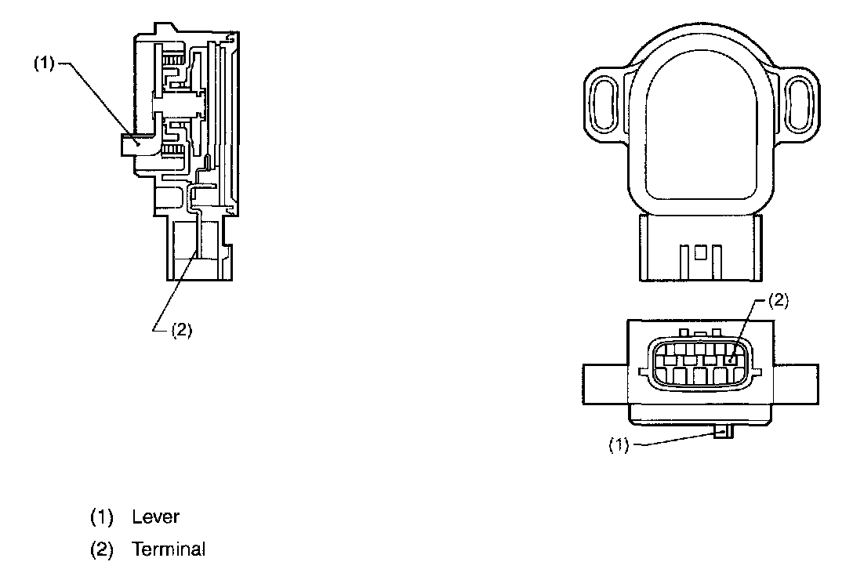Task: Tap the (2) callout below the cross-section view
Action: click(181, 330)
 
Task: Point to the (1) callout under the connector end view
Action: click(619, 445)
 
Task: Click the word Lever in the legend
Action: click(156, 517)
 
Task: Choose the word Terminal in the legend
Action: click(169, 549)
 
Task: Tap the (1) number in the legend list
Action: click(101, 517)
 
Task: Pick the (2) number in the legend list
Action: click(101, 549)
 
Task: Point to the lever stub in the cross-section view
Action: click(130, 143)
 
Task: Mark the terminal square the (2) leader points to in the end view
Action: click(731, 361)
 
